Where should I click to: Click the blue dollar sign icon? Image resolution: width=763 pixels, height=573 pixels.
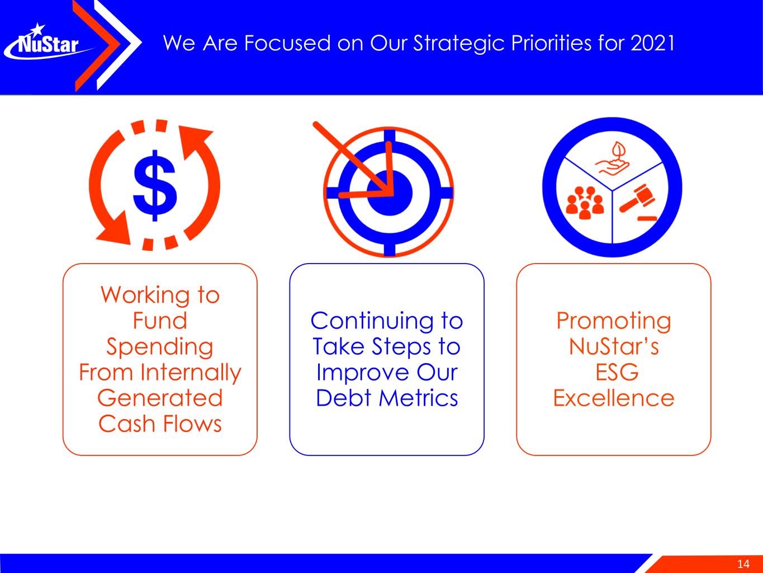(x=155, y=185)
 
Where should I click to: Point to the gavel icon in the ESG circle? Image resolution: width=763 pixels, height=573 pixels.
(x=638, y=202)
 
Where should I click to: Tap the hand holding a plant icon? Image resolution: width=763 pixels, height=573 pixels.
(x=613, y=159)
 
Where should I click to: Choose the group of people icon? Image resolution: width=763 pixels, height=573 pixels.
(x=585, y=203)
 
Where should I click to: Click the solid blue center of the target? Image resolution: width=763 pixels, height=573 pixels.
(x=389, y=192)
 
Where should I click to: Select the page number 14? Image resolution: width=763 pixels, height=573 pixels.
(x=743, y=564)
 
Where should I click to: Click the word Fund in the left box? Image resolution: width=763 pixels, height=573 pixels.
(x=160, y=321)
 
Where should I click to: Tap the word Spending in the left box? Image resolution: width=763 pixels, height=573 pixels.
(x=160, y=347)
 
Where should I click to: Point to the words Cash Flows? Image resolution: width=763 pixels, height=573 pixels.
(x=160, y=424)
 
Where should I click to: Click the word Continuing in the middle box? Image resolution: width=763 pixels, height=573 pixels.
(x=372, y=321)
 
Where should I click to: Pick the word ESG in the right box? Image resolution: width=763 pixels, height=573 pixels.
(x=617, y=372)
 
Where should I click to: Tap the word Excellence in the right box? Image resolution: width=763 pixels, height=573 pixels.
(x=614, y=398)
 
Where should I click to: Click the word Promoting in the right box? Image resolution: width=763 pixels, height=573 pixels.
(x=614, y=321)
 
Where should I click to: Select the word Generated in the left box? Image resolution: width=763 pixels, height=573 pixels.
(x=160, y=398)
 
